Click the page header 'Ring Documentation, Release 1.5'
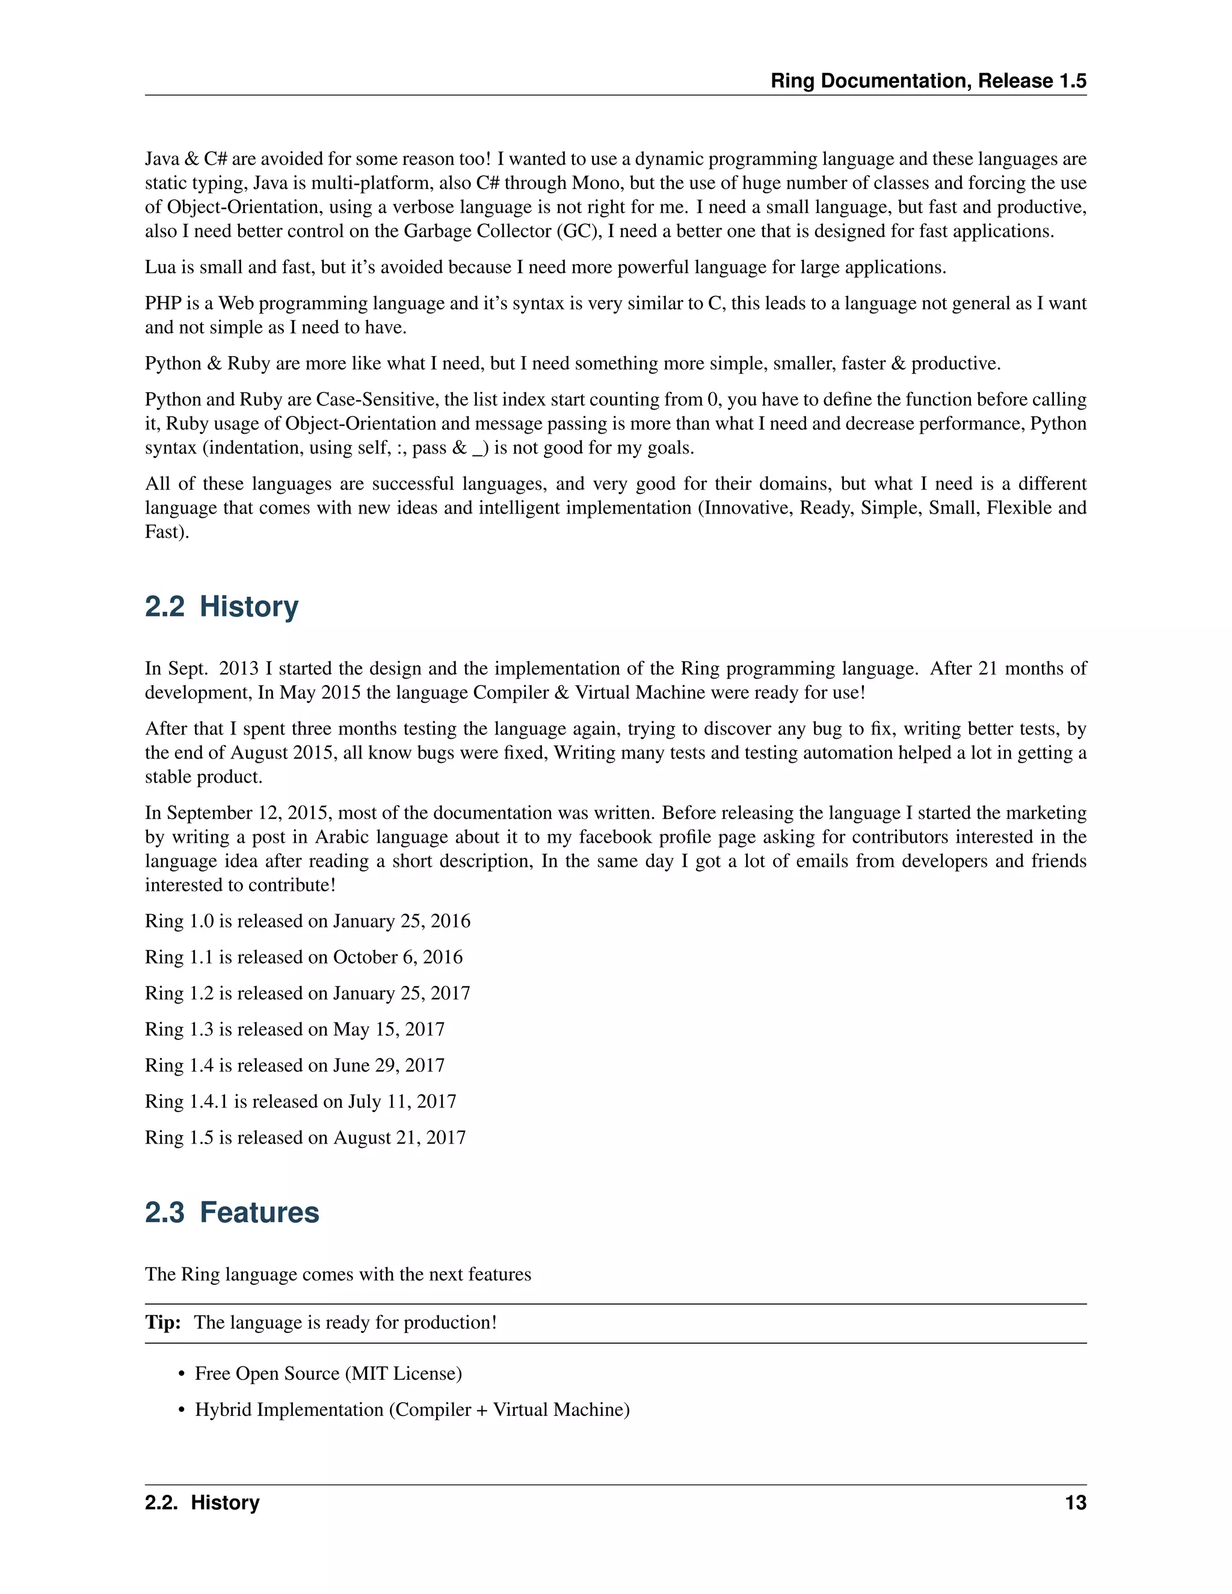pyautogui.click(x=928, y=81)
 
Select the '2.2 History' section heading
pyautogui.click(x=221, y=606)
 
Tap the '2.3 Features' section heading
pyautogui.click(x=232, y=1212)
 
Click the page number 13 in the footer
pyautogui.click(x=1075, y=1503)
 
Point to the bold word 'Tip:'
pyautogui.click(x=163, y=1323)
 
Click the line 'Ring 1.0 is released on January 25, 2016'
pyautogui.click(x=307, y=921)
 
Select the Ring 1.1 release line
pyautogui.click(x=304, y=957)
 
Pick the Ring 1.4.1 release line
pyautogui.click(x=300, y=1101)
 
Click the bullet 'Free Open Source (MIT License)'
pyautogui.click(x=328, y=1374)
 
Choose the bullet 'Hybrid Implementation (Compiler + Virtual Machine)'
pyautogui.click(x=411, y=1409)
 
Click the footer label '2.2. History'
pyautogui.click(x=202, y=1503)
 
